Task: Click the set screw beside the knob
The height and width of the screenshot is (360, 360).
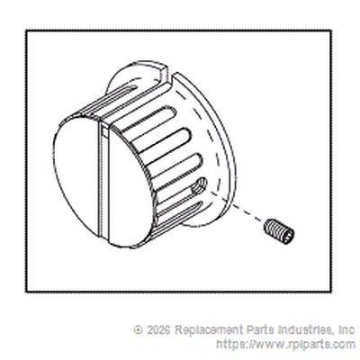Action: (279, 232)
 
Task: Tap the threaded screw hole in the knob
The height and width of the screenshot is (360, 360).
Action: (200, 186)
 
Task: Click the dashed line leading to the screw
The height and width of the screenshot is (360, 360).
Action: (238, 208)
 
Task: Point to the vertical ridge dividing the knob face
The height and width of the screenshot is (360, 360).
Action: (103, 180)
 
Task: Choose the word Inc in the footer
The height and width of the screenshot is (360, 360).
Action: (346, 330)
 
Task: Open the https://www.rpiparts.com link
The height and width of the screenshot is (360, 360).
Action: (285, 344)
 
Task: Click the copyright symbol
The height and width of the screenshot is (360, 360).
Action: (139, 330)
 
